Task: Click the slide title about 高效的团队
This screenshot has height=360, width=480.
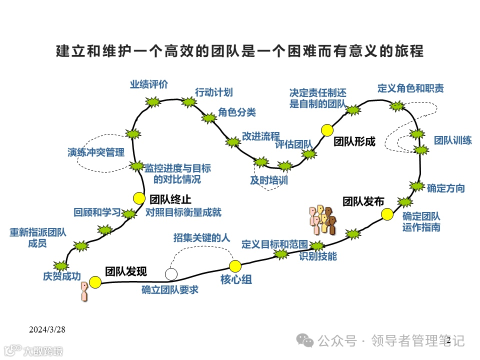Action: [239, 51]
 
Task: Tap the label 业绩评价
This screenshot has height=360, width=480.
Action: [149, 84]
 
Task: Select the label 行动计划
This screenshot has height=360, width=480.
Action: [213, 92]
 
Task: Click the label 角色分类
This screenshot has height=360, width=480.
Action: [236, 112]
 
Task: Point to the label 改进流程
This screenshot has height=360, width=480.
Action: [260, 136]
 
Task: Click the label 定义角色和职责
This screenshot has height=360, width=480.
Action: [410, 88]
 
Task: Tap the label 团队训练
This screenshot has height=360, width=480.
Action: [452, 140]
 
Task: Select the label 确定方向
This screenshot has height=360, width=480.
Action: [445, 188]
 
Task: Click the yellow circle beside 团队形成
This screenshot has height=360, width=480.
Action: [327, 130]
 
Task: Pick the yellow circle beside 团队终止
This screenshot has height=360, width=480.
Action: [139, 198]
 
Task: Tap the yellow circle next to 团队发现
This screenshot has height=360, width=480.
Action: [95, 282]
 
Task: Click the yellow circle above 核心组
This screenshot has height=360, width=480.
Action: [235, 265]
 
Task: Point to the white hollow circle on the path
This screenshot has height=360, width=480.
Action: [171, 273]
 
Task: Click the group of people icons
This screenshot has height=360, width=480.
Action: [322, 219]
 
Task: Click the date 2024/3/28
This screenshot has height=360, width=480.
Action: [47, 329]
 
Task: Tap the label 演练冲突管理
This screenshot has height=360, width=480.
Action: [96, 152]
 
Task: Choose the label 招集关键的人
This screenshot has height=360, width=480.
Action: [201, 237]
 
